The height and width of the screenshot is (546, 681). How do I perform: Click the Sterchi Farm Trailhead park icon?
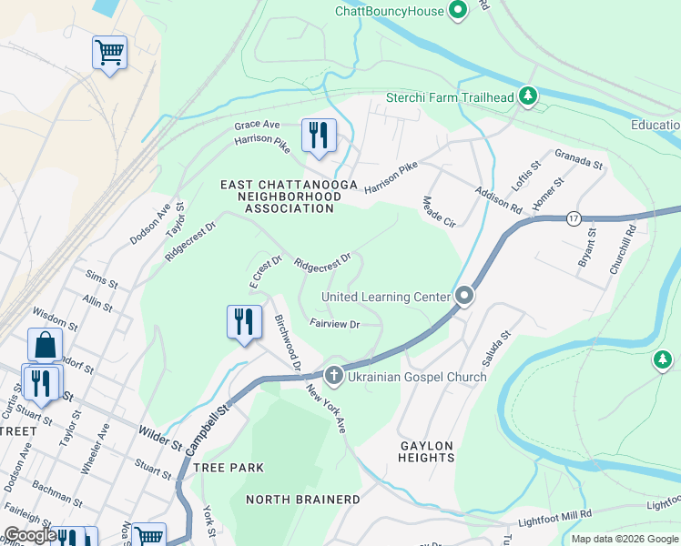pyautogui.click(x=527, y=96)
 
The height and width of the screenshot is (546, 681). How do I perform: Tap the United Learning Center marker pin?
pyautogui.click(x=464, y=297)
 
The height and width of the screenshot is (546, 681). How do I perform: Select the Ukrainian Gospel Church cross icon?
pyautogui.click(x=334, y=375)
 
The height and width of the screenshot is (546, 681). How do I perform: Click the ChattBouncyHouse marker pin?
pyautogui.click(x=458, y=11)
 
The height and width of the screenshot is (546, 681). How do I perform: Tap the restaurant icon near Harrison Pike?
pyautogui.click(x=319, y=136)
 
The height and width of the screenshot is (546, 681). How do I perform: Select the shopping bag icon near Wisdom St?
pyautogui.click(x=45, y=346)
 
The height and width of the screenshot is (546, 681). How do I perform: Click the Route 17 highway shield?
pyautogui.click(x=573, y=218)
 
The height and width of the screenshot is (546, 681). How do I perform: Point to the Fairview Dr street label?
pyautogui.click(x=335, y=324)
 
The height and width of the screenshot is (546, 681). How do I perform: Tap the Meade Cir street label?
pyautogui.click(x=439, y=212)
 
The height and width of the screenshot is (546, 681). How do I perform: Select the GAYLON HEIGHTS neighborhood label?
pyautogui.click(x=426, y=451)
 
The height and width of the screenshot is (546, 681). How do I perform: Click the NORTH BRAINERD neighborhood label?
pyautogui.click(x=303, y=500)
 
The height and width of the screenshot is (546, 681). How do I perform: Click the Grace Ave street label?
pyautogui.click(x=256, y=125)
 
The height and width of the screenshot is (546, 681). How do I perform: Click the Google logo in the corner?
pyautogui.click(x=30, y=535)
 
